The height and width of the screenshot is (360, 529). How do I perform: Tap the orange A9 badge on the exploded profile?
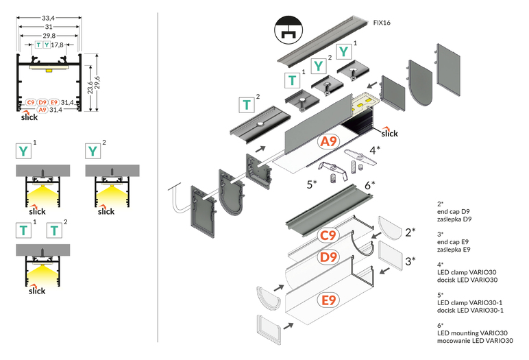(x=329, y=142)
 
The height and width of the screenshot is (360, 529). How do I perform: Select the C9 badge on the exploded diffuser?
(x=330, y=236)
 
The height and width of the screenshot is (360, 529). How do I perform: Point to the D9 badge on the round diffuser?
(x=330, y=257)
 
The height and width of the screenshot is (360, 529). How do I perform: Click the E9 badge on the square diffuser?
(x=330, y=300)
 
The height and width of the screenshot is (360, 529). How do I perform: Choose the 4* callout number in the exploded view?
(x=375, y=148)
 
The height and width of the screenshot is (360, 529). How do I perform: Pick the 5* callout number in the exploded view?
(x=311, y=184)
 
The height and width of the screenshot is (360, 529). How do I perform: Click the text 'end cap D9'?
(x=454, y=212)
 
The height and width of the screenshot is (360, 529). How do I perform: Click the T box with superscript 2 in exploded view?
(x=247, y=105)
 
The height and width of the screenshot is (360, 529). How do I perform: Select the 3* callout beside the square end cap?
(x=410, y=261)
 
